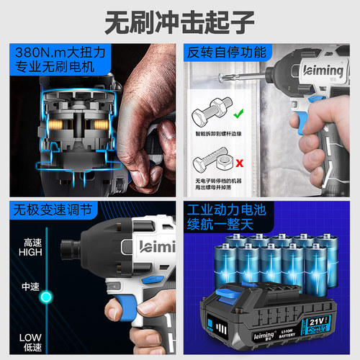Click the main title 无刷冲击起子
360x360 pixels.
179,22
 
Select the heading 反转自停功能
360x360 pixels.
227,53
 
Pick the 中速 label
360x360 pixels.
30,286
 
